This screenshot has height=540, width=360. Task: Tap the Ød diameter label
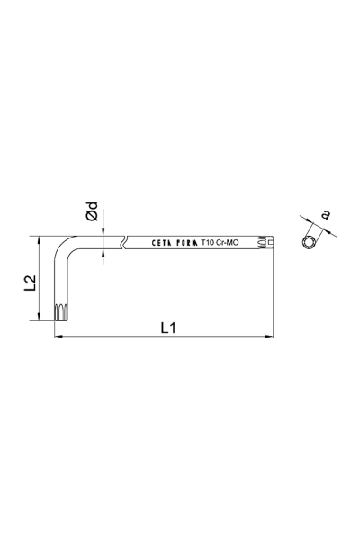pos(92,213)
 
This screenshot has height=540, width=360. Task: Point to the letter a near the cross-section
pos(324,214)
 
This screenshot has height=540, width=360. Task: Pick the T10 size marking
pos(208,242)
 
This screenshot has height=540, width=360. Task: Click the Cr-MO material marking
pos(229,242)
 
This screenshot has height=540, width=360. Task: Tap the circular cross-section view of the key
pos(310,241)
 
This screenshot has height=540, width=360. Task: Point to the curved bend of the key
pos(65,246)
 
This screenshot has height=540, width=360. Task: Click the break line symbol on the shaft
pos(123,242)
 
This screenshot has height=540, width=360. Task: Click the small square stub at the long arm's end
pos(271,242)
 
